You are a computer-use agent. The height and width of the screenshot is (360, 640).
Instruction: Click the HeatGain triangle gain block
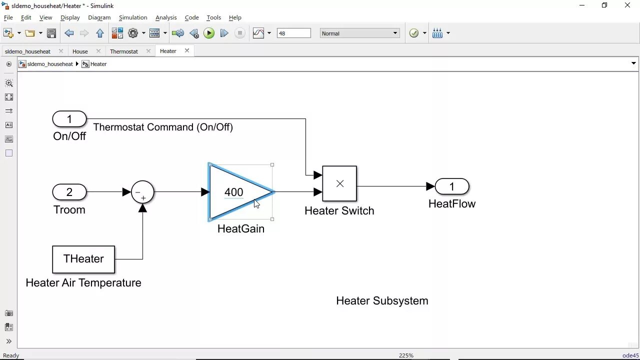pyautogui.click(x=235, y=192)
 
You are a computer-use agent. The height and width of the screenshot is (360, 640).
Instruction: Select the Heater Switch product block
pyautogui.click(x=339, y=183)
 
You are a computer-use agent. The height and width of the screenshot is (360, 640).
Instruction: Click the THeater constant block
pyautogui.click(x=83, y=259)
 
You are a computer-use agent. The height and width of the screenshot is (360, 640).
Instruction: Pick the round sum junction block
pyautogui.click(x=142, y=192)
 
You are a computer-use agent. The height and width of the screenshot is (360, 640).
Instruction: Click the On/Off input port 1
pyautogui.click(x=69, y=119)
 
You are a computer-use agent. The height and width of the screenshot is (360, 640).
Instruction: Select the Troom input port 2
pyautogui.click(x=69, y=192)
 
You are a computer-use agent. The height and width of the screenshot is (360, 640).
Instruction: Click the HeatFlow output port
pyautogui.click(x=452, y=186)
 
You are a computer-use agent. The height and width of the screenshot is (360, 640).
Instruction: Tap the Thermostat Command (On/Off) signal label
pyautogui.click(x=163, y=127)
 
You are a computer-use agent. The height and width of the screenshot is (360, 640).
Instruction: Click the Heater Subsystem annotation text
pyautogui.click(x=382, y=301)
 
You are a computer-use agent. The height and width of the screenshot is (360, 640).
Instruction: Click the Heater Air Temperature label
pyautogui.click(x=83, y=283)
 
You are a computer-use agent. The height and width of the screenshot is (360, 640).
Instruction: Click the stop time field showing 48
pyautogui.click(x=293, y=33)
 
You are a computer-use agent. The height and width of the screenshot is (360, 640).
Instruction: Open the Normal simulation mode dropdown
pyautogui.click(x=359, y=33)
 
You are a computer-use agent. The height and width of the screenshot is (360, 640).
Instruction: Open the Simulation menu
pyautogui.click(x=133, y=17)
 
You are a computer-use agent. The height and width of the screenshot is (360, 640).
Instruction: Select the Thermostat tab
pyautogui.click(x=124, y=51)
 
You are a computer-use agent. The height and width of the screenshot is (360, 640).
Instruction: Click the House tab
pyautogui.click(x=80, y=51)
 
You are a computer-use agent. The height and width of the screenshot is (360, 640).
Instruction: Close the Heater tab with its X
pyautogui.click(x=187, y=51)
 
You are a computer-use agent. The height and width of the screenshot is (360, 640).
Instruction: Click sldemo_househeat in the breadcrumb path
pyautogui.click(x=50, y=64)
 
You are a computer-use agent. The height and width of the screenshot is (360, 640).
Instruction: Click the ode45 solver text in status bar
pyautogui.click(x=630, y=355)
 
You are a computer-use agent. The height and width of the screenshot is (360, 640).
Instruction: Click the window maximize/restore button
pyautogui.click(x=604, y=5)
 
